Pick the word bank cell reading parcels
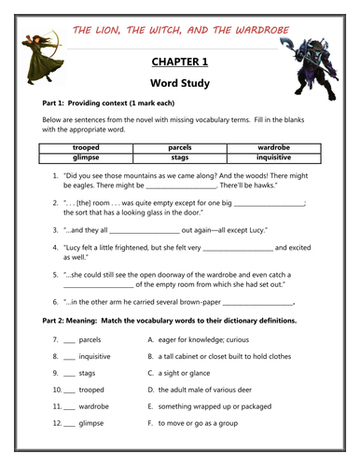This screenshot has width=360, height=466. coord(180,148)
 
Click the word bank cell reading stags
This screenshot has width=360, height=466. coord(180,158)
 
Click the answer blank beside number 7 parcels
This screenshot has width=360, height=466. coord(69,340)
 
